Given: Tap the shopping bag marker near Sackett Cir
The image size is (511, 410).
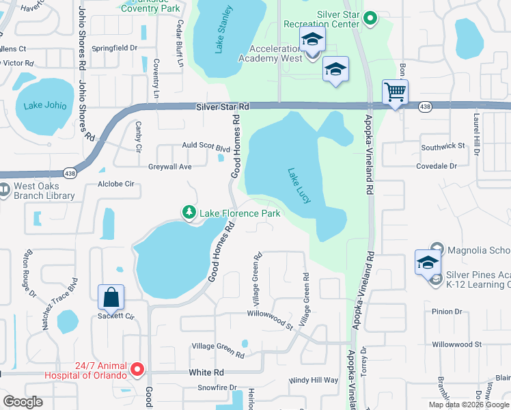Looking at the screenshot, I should pyautogui.click(x=111, y=297).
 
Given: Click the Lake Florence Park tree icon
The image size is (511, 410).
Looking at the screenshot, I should pyautogui.click(x=189, y=213).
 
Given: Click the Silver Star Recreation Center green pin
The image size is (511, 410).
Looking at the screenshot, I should pyautogui.click(x=371, y=18).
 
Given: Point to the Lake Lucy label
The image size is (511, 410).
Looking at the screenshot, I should pyautogui.click(x=299, y=184).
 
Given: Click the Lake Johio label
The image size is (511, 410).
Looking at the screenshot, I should pyautogui.click(x=45, y=105).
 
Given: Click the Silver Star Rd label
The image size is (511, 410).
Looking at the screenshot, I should pyautogui.click(x=223, y=107).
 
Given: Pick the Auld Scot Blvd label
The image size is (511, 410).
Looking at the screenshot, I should pyautogui.click(x=206, y=147).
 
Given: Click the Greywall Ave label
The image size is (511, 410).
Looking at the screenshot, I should pyautogui.click(x=169, y=167).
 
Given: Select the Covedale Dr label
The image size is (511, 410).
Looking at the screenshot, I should pyautogui.click(x=437, y=166).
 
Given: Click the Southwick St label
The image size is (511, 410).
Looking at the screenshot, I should pyautogui.click(x=443, y=146).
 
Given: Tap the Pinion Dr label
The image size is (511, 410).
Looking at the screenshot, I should pyautogui.click(x=447, y=312).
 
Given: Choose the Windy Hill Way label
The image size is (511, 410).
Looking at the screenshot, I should pyautogui.click(x=314, y=380).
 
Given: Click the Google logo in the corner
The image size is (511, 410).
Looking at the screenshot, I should pyautogui.click(x=23, y=401).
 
